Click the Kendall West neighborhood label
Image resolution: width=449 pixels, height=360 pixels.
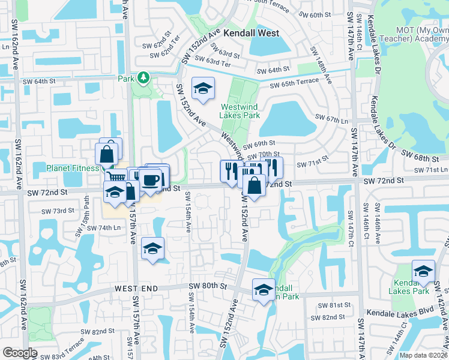click(251, 34)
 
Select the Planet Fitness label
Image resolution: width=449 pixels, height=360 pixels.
click(72, 168)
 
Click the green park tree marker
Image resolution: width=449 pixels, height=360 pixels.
click(143, 78)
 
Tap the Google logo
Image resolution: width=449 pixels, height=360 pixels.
click(20, 353)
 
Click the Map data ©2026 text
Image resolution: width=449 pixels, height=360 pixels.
click(423, 355)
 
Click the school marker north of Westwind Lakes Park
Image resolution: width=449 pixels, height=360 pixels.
click(203, 88)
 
